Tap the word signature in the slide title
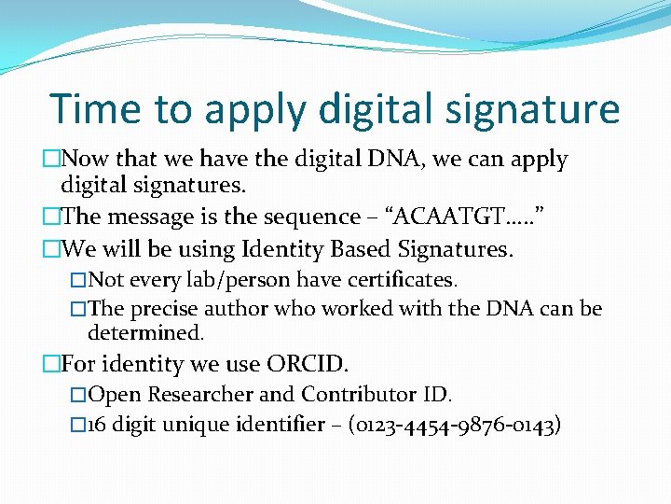529,110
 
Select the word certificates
403,280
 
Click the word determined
145,332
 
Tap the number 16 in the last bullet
99,426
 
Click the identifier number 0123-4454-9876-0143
454,426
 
